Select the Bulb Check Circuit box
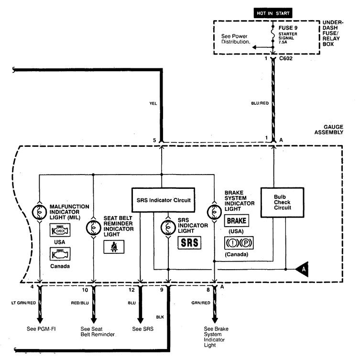tap(282, 202)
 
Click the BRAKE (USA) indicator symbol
tap(236, 221)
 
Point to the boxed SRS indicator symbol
tap(189, 243)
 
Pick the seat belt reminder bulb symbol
tap(93, 228)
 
